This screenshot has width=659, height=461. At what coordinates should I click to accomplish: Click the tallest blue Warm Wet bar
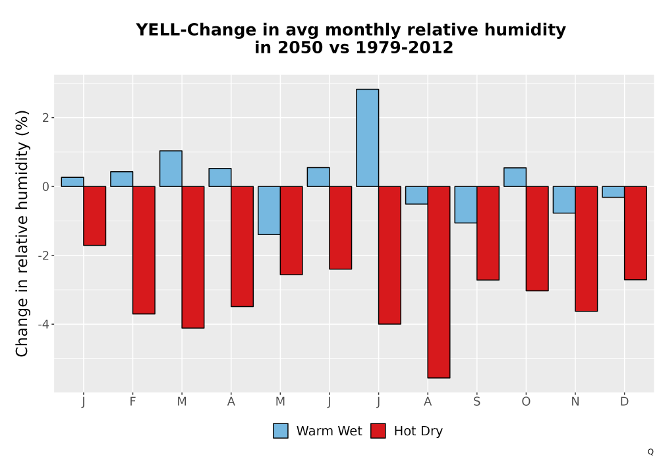[x=367, y=138]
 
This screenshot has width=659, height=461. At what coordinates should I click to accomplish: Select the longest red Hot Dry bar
[x=439, y=282]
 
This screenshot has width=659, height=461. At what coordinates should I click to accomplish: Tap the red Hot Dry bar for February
[x=144, y=250]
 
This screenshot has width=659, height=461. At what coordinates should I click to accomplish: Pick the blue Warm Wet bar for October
[x=515, y=177]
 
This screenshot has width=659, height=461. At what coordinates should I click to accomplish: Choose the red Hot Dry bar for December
[x=635, y=233]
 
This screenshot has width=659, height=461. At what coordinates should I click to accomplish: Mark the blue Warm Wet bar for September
[x=466, y=204]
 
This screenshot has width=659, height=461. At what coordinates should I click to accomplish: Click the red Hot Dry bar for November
[x=587, y=249]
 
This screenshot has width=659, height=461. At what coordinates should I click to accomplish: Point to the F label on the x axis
[x=133, y=402]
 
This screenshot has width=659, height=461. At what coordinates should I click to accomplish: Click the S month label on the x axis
[x=476, y=402]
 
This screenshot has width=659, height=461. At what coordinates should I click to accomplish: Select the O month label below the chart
[x=526, y=402]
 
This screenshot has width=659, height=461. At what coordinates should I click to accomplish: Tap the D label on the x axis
[x=624, y=402]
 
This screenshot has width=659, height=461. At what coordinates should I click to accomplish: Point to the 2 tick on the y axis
[x=46, y=118]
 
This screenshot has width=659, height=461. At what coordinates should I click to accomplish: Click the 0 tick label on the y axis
[x=46, y=186]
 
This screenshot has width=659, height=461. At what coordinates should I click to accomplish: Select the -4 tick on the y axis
[x=43, y=324]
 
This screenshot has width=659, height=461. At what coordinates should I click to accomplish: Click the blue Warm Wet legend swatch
[x=281, y=431]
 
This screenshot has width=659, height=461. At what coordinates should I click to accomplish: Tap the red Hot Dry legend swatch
[x=378, y=431]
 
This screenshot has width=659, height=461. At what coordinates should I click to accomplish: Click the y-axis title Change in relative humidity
[x=22, y=233]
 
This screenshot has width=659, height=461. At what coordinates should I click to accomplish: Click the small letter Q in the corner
[x=650, y=452]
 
